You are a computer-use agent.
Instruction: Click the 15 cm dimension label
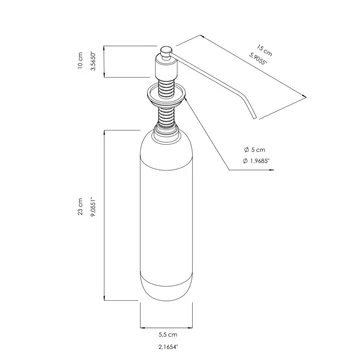pyautogui.click(x=264, y=50)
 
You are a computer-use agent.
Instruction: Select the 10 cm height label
pyautogui.click(x=80, y=61)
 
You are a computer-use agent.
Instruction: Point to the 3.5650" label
pyautogui.click(x=93, y=61)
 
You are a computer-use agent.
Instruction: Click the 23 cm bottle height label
pyautogui.click(x=80, y=206)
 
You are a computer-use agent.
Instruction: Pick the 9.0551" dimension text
pyautogui.click(x=93, y=207)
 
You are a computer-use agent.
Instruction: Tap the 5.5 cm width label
pyautogui.click(x=168, y=334)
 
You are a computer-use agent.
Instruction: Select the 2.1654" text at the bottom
pyautogui.click(x=168, y=347)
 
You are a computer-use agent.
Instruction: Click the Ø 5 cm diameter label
pyautogui.click(x=254, y=150)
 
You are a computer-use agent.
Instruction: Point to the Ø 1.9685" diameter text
pyautogui.click(x=256, y=161)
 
